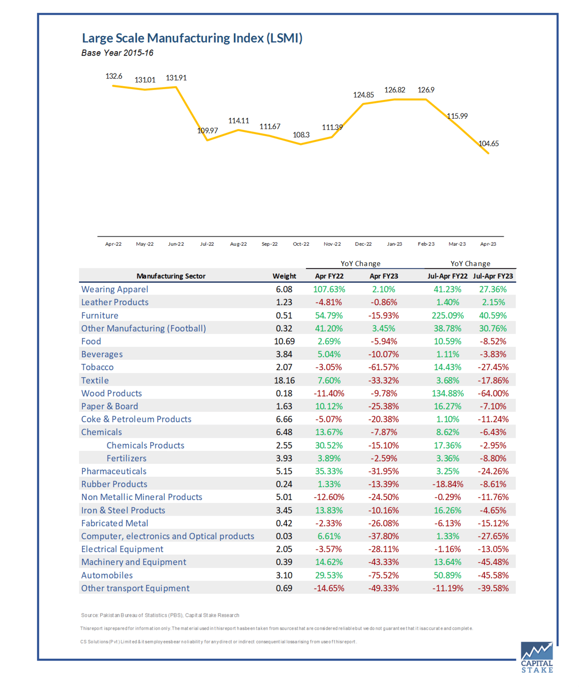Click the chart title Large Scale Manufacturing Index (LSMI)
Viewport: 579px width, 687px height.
pyautogui.click(x=192, y=38)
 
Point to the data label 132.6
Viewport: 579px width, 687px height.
pyautogui.click(x=114, y=76)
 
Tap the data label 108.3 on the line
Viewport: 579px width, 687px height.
pyautogui.click(x=301, y=135)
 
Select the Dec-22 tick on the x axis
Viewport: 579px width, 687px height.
pyautogui.click(x=363, y=244)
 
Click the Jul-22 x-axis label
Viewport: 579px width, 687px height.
pyautogui.click(x=207, y=244)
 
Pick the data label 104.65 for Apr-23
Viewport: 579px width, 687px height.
pyautogui.click(x=488, y=143)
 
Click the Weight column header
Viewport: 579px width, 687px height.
pyautogui.click(x=284, y=276)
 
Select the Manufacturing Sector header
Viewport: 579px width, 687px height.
pyautogui.click(x=171, y=276)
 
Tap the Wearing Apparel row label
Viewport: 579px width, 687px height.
pyautogui.click(x=115, y=289)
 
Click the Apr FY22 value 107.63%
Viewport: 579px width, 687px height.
pyautogui.click(x=329, y=289)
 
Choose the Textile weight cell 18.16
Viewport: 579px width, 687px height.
pyautogui.click(x=284, y=380)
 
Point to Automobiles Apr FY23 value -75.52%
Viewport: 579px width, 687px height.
pyautogui.click(x=384, y=575)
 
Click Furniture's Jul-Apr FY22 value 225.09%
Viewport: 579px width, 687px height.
pyautogui.click(x=448, y=315)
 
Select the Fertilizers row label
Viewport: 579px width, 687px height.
pyautogui.click(x=126, y=458)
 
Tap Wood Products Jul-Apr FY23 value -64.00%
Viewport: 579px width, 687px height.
pyautogui.click(x=493, y=393)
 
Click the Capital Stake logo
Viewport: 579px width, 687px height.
pyautogui.click(x=537, y=657)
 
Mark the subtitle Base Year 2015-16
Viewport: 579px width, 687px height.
pyautogui.click(x=117, y=53)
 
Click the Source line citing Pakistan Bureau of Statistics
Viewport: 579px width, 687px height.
pyautogui.click(x=160, y=615)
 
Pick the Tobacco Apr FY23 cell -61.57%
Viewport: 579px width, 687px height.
pyautogui.click(x=384, y=367)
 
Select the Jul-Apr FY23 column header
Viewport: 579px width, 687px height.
pyautogui.click(x=493, y=276)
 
